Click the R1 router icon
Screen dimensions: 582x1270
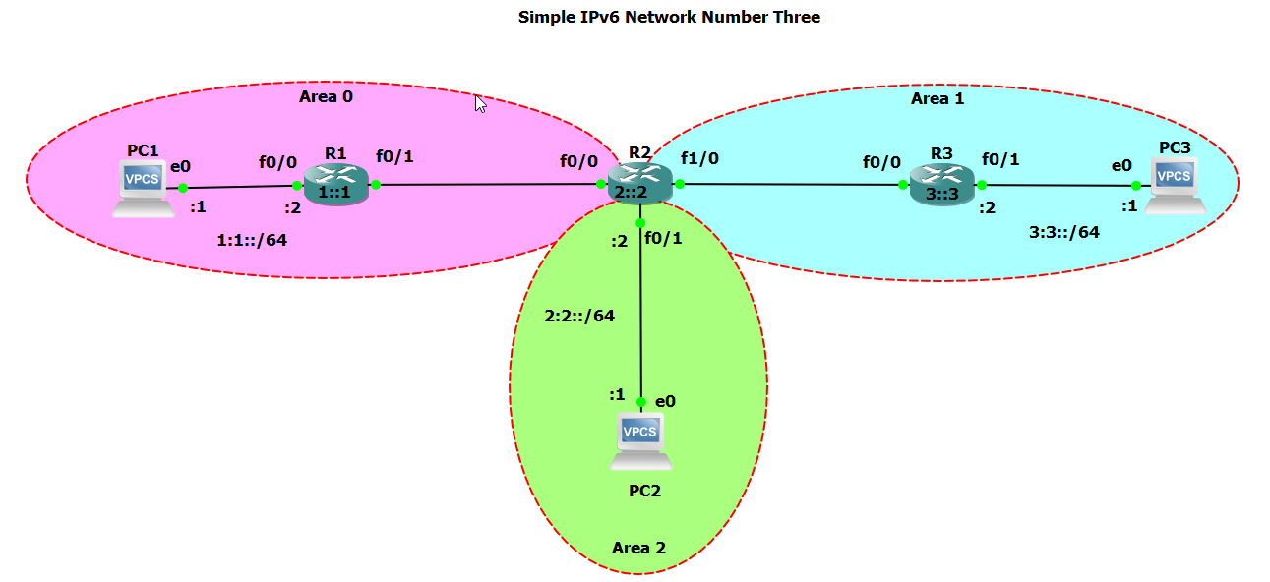tap(335, 184)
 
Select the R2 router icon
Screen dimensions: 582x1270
tap(639, 184)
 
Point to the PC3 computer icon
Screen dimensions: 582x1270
tap(1174, 186)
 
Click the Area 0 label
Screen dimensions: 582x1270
tap(326, 96)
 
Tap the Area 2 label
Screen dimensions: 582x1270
tap(638, 548)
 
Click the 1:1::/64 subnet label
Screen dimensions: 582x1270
tap(252, 239)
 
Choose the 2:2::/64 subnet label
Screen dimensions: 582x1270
tap(579, 316)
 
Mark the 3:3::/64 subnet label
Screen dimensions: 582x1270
tap(1064, 232)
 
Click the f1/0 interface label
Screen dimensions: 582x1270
tap(699, 157)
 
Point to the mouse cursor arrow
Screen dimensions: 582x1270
tap(480, 102)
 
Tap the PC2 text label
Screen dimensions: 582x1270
tap(644, 491)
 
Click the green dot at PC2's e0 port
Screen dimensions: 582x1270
tap(640, 402)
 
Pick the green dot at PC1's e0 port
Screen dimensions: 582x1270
tap(182, 188)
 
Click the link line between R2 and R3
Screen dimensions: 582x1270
tap(787, 184)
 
